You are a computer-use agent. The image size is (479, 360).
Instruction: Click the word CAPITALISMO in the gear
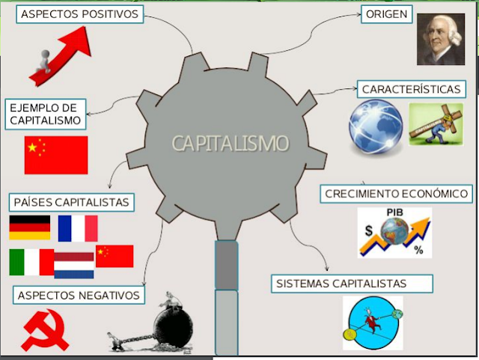[x=230, y=143]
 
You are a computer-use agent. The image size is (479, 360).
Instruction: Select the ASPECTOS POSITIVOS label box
[x=81, y=14]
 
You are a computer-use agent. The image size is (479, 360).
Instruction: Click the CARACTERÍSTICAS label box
[x=410, y=89]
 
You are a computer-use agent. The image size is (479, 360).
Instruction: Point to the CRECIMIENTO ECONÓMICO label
[x=396, y=194]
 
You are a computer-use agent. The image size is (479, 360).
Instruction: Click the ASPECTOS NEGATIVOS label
[x=79, y=296]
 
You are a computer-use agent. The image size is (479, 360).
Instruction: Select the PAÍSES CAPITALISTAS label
[x=72, y=202]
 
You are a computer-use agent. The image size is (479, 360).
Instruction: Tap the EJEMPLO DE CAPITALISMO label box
[x=44, y=114]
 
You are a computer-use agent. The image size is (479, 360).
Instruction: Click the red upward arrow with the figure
[x=60, y=56]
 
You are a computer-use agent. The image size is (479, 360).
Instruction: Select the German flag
[x=30, y=228]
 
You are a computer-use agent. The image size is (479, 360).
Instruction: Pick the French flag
[x=78, y=228]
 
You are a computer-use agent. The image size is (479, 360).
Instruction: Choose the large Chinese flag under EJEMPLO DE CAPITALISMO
[x=56, y=155]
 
